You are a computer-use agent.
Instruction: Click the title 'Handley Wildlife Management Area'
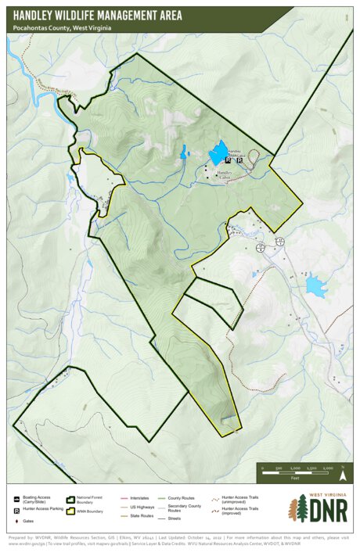coord(98,15)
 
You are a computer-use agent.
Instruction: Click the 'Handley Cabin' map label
coord(225,174)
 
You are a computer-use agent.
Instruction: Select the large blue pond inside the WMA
coord(218,153)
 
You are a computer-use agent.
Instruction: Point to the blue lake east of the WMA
coord(315,286)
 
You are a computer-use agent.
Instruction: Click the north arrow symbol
coord(342,474)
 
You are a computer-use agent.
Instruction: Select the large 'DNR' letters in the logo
coord(327,511)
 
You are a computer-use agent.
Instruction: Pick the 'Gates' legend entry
coord(28,520)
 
